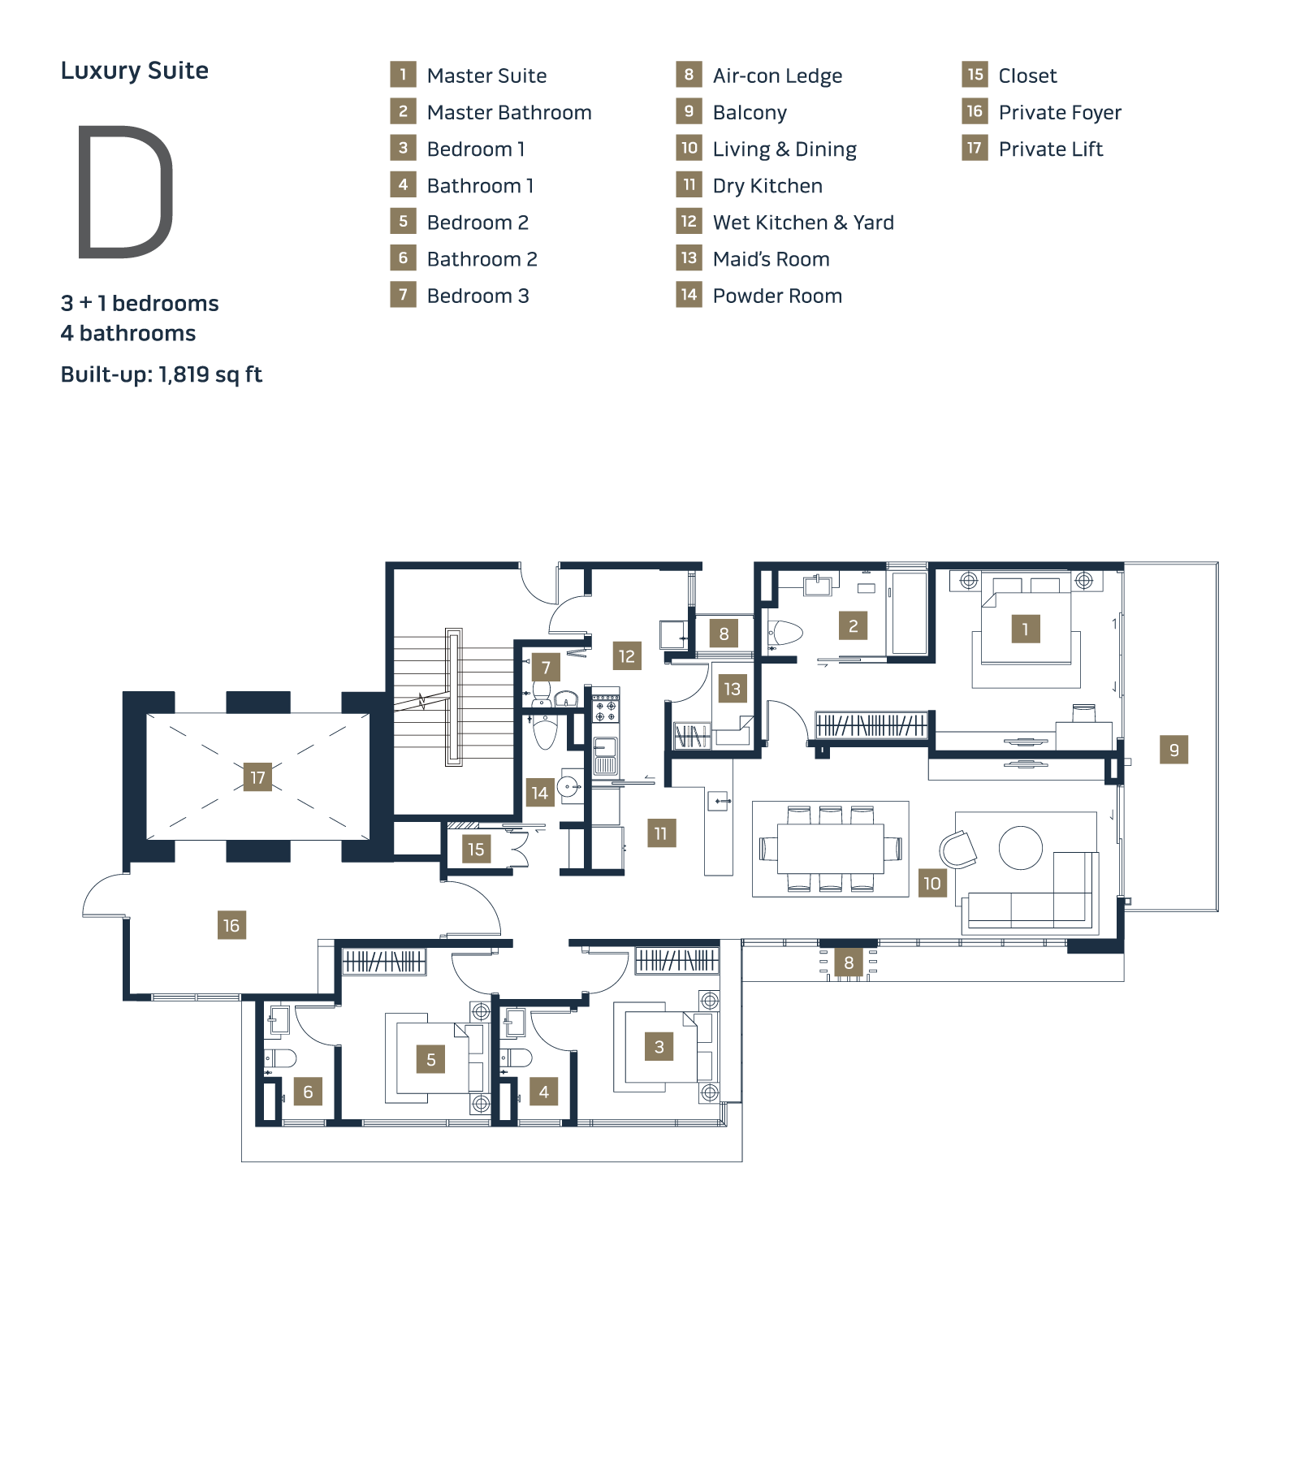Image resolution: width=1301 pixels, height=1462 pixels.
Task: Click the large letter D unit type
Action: coord(126,192)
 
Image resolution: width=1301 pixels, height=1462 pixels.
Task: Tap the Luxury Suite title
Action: coord(135,71)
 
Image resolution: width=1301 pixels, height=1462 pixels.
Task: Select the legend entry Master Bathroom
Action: coord(509,112)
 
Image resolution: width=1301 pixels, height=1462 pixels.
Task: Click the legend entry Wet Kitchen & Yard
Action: coord(803,223)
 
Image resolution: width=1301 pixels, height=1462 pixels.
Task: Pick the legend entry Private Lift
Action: coord(1051,149)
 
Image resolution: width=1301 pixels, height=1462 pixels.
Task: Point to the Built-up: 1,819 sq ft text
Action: coord(162,374)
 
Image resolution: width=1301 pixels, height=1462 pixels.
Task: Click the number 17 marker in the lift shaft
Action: coord(257,777)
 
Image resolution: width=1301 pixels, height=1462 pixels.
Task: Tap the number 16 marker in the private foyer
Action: coord(231,925)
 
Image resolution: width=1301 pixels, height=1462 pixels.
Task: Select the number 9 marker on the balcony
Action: coord(1173,750)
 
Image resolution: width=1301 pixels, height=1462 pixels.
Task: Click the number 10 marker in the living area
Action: coord(932,883)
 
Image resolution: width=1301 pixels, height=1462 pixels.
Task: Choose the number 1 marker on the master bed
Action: coord(1026,629)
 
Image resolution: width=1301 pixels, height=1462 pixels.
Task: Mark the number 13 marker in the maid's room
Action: coord(732,689)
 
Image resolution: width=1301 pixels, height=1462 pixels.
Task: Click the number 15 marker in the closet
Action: coord(476,850)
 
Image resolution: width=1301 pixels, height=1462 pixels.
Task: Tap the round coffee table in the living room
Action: coord(1021,848)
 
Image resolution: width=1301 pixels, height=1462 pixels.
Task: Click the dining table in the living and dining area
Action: coord(831,848)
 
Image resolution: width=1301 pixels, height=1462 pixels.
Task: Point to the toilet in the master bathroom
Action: coord(784,633)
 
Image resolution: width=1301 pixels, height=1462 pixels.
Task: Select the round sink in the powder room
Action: coord(568,787)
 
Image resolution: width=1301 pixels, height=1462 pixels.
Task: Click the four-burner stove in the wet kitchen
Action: coord(605,708)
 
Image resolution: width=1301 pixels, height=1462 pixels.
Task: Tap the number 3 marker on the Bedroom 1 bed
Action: coord(659,1047)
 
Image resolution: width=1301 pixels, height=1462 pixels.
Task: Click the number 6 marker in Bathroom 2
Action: coord(308,1092)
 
